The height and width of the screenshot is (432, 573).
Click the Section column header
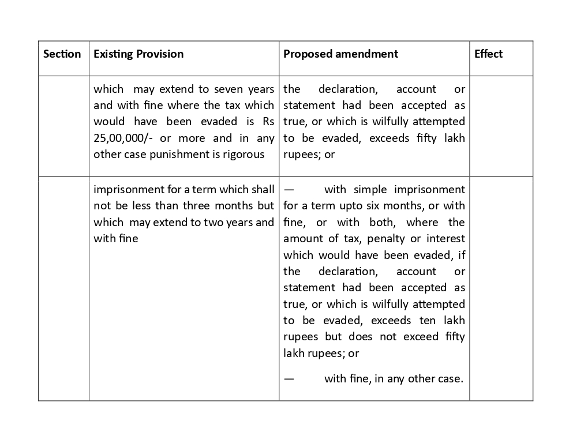click(62, 54)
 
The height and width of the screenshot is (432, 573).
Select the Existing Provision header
click(138, 54)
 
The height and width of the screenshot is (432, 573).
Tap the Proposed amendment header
click(340, 54)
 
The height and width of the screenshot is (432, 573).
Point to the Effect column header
click(488, 54)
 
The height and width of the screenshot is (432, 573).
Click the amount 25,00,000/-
click(122, 138)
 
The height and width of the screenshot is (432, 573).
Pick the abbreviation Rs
click(268, 122)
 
